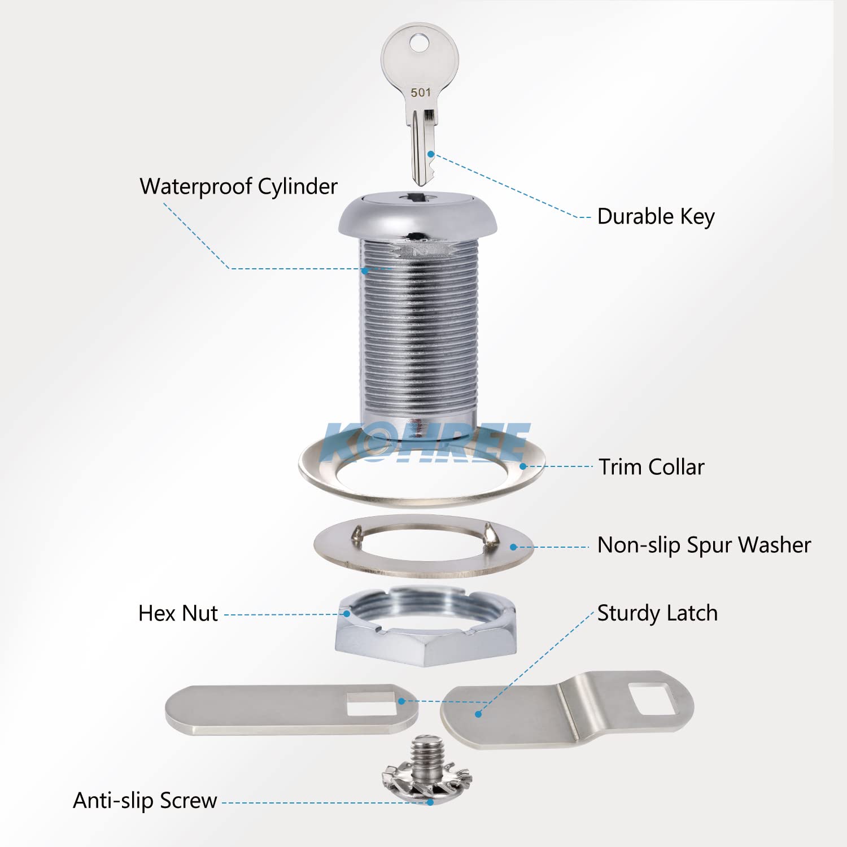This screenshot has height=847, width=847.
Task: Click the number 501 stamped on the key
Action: [421, 92]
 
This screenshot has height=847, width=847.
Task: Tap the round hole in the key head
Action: [420, 42]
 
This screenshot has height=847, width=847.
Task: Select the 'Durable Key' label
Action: [656, 216]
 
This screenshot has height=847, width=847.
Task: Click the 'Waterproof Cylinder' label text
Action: [238, 186]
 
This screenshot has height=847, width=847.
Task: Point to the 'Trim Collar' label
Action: [652, 467]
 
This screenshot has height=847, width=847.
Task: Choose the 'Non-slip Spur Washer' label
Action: [704, 545]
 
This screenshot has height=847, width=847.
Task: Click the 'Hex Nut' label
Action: [178, 613]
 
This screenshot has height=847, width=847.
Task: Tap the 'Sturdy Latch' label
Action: [657, 613]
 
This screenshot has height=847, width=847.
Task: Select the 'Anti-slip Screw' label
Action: [145, 801]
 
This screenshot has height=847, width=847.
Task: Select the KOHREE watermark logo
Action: [426, 442]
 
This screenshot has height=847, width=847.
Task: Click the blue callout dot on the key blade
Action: [431, 154]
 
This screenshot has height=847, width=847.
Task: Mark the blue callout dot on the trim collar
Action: [523, 466]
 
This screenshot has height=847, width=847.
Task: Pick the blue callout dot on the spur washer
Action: [513, 547]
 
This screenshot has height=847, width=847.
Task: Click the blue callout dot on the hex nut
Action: [347, 614]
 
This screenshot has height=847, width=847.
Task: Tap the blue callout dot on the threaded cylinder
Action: [365, 271]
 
